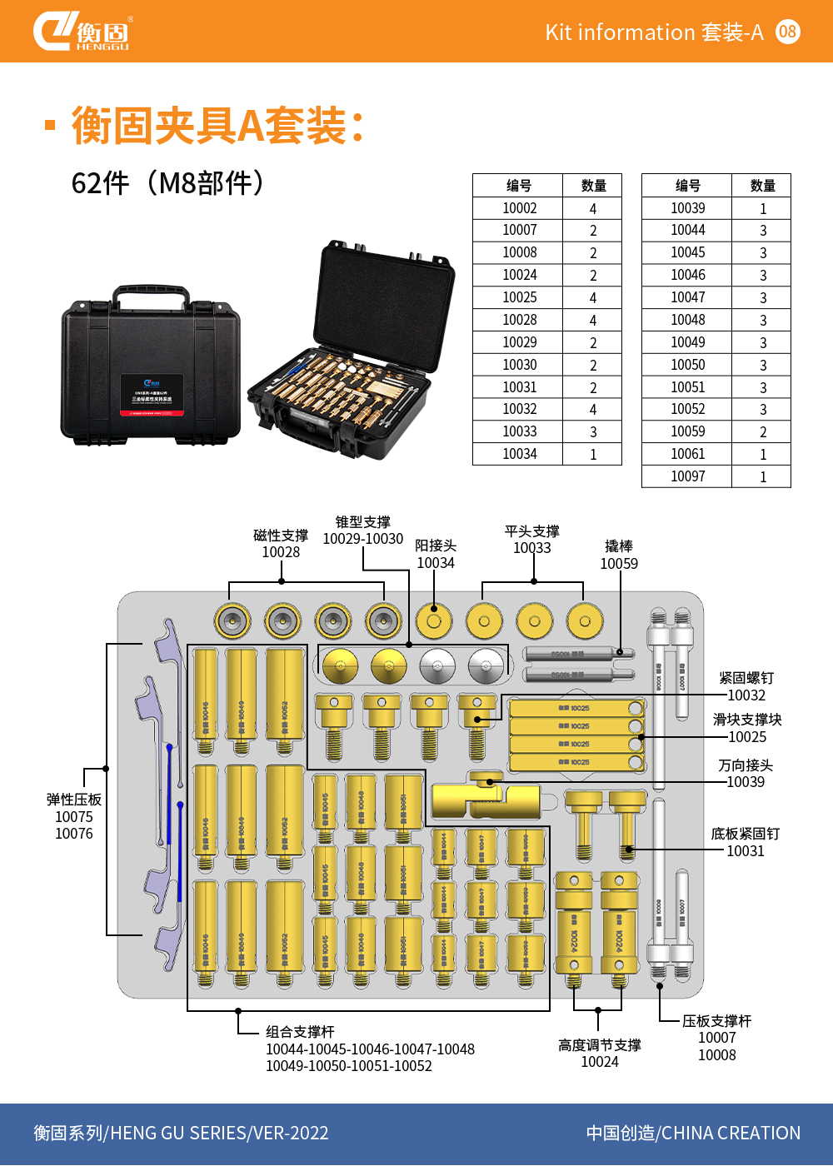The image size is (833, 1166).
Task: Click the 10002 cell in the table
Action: (x=519, y=208)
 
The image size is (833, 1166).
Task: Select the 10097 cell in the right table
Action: (x=687, y=476)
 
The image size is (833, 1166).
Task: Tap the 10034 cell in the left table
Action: (x=519, y=454)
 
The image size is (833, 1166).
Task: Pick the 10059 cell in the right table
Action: (x=687, y=431)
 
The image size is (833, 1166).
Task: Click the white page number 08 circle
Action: (x=787, y=32)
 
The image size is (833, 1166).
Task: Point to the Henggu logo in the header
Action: (x=81, y=32)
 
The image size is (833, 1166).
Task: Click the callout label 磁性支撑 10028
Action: (x=281, y=544)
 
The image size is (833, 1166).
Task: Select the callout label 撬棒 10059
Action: (x=619, y=555)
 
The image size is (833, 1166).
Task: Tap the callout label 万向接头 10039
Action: (x=746, y=774)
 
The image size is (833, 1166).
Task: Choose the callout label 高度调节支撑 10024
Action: (x=600, y=1053)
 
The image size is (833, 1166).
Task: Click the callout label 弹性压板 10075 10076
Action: (x=74, y=816)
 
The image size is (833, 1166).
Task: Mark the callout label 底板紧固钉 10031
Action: (x=746, y=842)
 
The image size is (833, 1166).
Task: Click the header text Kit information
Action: (x=620, y=32)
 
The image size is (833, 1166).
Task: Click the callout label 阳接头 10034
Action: (x=436, y=554)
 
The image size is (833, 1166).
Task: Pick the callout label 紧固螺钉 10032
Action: (x=746, y=686)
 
